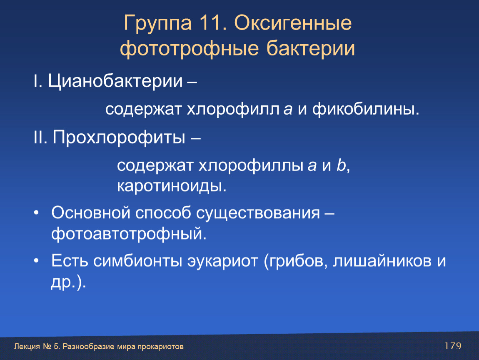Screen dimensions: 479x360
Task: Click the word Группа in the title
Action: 158,23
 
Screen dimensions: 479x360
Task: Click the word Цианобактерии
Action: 115,81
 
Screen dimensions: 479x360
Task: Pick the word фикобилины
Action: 366,109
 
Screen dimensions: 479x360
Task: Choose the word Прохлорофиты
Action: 119,137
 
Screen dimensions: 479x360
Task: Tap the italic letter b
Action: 341,165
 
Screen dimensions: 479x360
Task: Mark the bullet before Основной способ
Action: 37,212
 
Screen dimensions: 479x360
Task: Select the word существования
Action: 258,213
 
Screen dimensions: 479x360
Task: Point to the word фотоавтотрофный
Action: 129,234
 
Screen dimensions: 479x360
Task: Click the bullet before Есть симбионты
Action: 37,261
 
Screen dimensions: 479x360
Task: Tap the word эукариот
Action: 223,261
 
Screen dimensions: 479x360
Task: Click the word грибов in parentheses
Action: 295,261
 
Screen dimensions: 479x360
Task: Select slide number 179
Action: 453,346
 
